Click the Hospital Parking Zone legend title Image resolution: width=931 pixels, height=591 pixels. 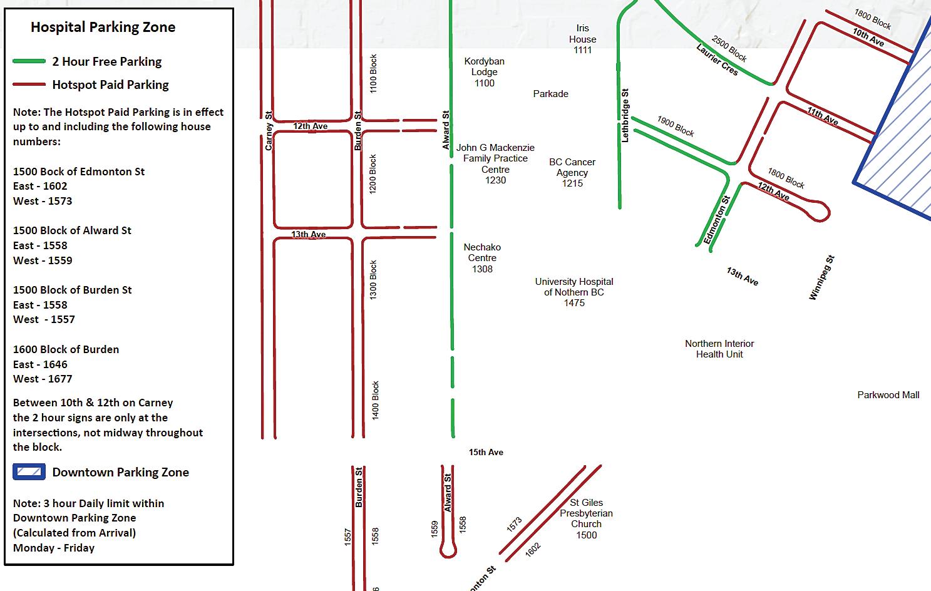(103, 27)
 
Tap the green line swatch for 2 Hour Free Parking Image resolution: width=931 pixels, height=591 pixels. (29, 61)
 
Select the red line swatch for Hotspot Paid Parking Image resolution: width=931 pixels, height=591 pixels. (29, 85)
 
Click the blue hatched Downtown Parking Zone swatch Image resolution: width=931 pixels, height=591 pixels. (29, 472)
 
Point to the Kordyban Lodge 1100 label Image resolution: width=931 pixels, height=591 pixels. (484, 72)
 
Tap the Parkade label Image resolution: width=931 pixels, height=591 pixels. (551, 94)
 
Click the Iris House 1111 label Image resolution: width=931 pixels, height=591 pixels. (582, 39)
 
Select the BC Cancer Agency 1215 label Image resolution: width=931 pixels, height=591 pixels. (572, 172)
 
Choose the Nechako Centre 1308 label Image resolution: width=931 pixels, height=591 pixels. (482, 258)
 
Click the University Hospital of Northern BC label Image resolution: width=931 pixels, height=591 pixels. (574, 292)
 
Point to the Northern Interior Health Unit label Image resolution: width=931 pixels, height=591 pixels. (719, 349)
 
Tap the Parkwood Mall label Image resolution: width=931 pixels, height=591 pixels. (888, 395)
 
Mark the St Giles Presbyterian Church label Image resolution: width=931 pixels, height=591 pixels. (587, 518)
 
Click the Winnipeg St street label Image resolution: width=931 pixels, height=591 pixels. (821, 278)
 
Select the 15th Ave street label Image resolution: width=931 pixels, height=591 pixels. (486, 452)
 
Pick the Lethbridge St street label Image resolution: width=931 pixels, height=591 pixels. (625, 116)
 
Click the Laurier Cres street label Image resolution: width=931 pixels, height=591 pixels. (717, 59)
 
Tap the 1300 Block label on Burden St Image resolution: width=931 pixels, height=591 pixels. (373, 280)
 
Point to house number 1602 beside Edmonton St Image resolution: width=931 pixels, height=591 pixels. (532, 550)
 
